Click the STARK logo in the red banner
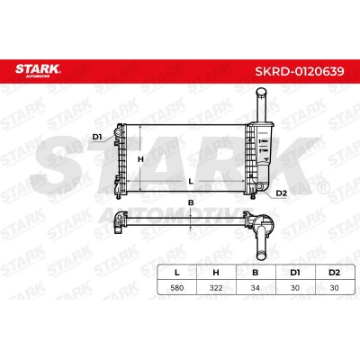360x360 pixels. pyautogui.click(x=38, y=71)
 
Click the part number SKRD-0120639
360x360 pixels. pyautogui.click(x=300, y=71)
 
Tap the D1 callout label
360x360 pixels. pyautogui.click(x=97, y=137)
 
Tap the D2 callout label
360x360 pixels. pyautogui.click(x=281, y=193)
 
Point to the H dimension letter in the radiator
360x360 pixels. pyautogui.click(x=140, y=159)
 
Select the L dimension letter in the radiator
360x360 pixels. pyautogui.click(x=190, y=181)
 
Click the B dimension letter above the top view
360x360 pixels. pyautogui.click(x=191, y=202)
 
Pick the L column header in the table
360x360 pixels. pyautogui.click(x=177, y=273)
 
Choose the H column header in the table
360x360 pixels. pyautogui.click(x=216, y=273)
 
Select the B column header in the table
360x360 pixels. pyautogui.click(x=256, y=273)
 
